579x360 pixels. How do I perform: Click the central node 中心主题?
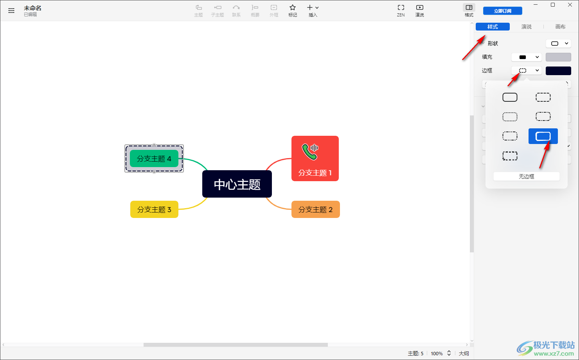[x=237, y=184]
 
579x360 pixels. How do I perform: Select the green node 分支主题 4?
[x=154, y=158]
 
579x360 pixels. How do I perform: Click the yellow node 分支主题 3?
[x=154, y=209]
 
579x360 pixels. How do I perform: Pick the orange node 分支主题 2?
[x=315, y=209]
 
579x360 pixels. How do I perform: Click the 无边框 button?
[x=526, y=176]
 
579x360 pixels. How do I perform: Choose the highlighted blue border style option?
[x=543, y=136]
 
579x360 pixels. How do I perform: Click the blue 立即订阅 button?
[x=502, y=11]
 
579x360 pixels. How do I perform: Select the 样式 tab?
[x=493, y=27]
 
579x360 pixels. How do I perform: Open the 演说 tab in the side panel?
[x=526, y=27]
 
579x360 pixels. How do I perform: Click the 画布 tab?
[x=560, y=27]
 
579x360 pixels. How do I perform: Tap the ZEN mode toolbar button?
[x=401, y=11]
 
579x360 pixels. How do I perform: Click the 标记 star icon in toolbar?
[x=293, y=11]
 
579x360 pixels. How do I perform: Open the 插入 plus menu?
[x=313, y=11]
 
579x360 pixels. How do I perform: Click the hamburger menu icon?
[x=11, y=11]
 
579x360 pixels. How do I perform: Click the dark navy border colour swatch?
[x=558, y=70]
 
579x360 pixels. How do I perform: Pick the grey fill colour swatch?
[x=558, y=57]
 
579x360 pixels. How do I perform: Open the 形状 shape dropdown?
[x=558, y=43]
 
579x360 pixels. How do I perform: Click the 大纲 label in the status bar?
[x=464, y=353]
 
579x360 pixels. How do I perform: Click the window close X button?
[x=570, y=5]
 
